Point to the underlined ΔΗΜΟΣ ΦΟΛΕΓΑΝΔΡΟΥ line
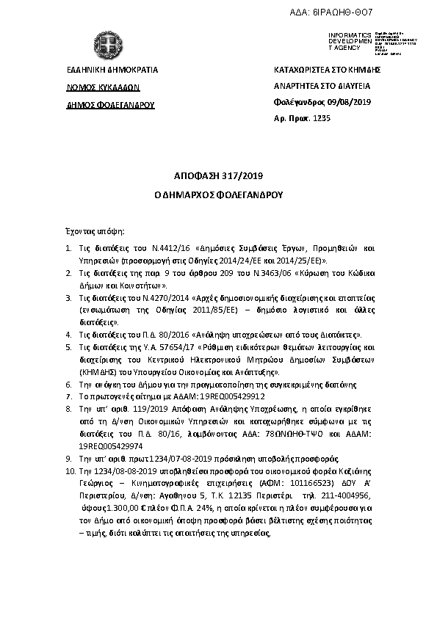(x=110, y=104)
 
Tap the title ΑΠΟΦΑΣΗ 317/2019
(x=218, y=177)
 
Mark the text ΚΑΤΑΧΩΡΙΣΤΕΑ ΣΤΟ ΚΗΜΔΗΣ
(x=326, y=70)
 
